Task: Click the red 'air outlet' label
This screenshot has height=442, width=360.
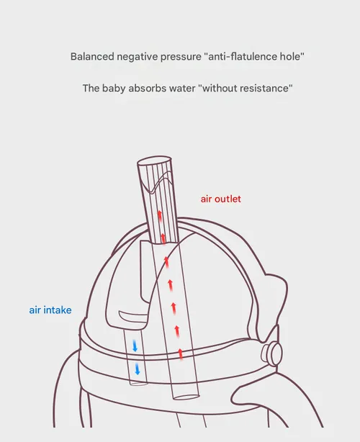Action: tap(221, 199)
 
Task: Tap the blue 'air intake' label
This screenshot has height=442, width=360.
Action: tap(50, 310)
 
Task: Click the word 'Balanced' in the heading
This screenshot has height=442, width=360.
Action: tap(92, 56)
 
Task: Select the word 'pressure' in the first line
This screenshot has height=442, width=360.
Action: tap(181, 57)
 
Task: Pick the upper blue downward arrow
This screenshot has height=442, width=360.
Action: tap(135, 346)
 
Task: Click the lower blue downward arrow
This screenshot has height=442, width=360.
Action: tap(138, 369)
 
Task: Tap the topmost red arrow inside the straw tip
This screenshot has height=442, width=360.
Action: tap(160, 216)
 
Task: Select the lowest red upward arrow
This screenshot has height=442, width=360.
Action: tap(181, 354)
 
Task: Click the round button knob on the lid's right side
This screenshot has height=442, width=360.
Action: tap(271, 353)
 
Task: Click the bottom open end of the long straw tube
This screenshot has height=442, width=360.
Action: tap(186, 397)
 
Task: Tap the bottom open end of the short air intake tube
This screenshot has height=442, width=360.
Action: tap(138, 384)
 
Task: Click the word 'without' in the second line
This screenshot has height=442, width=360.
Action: tap(218, 89)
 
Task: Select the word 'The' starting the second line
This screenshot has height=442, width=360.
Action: tap(91, 89)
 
